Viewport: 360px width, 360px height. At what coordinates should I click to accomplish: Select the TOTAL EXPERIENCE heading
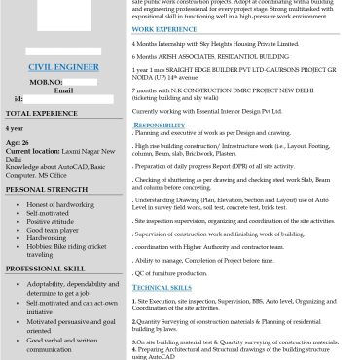click(48, 114)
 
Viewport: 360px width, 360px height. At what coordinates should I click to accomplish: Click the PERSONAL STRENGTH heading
click(53, 190)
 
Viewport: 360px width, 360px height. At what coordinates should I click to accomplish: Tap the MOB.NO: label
click(46, 83)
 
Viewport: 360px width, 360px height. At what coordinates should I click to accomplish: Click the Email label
click(62, 90)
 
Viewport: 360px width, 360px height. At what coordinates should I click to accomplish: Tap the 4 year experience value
click(15, 128)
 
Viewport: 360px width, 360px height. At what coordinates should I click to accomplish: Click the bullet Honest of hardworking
click(61, 204)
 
